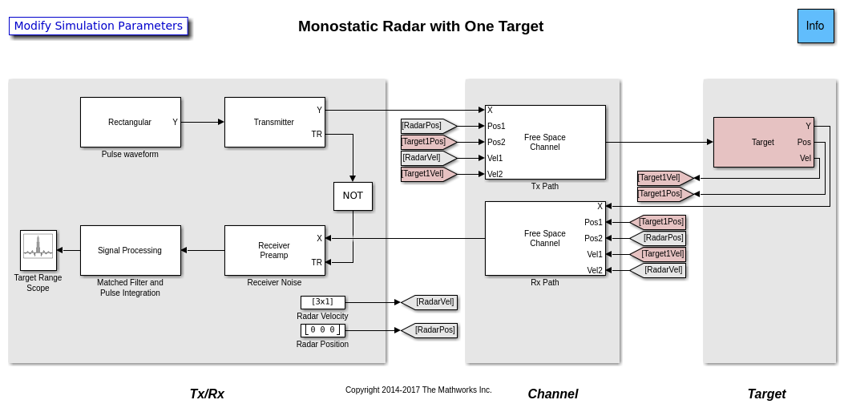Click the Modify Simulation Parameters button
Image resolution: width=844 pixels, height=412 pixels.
click(x=99, y=26)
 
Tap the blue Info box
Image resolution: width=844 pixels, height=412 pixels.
click(x=815, y=26)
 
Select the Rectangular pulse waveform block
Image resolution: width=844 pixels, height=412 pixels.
click(x=130, y=122)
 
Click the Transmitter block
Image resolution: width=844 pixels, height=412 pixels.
click(x=274, y=122)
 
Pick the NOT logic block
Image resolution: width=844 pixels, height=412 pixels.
click(x=353, y=196)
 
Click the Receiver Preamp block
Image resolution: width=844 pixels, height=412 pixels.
click(x=274, y=250)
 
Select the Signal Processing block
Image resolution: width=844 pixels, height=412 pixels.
click(x=130, y=250)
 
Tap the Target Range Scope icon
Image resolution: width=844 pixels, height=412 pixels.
click(x=38, y=250)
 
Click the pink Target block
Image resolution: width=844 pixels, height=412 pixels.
click(x=762, y=142)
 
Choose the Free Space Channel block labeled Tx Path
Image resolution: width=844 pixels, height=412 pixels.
click(x=545, y=142)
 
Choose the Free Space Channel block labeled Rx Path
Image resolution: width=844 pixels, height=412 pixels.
click(x=545, y=238)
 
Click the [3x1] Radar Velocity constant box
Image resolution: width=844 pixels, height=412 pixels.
click(x=322, y=302)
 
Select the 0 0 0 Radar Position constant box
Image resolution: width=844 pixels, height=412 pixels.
click(x=322, y=330)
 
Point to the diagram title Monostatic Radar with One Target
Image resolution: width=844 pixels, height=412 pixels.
click(x=421, y=26)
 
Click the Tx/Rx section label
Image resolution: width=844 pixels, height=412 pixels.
click(x=207, y=394)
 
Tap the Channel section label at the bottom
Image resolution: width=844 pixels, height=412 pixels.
click(x=552, y=394)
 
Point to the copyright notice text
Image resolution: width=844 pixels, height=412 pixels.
click(x=418, y=390)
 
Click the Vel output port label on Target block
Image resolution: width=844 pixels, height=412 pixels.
click(x=806, y=159)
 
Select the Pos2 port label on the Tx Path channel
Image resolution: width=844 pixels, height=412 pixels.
click(x=496, y=142)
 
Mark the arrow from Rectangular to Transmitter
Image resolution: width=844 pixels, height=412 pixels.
click(x=203, y=122)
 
